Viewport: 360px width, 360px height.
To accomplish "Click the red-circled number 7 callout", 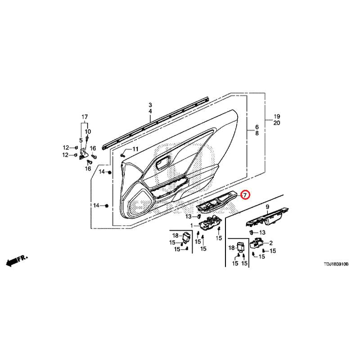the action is (245, 195).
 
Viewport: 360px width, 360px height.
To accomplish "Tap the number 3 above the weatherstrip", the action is (150, 105).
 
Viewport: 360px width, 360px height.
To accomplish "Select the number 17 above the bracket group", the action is (85, 117).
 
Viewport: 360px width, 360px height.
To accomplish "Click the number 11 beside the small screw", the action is (135, 149).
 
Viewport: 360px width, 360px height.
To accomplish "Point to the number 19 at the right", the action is (277, 117).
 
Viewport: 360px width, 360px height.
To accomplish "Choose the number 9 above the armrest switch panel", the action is (267, 207).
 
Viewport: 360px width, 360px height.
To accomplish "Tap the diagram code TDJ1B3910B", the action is (336, 264).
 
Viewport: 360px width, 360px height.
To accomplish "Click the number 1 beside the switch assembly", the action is (192, 226).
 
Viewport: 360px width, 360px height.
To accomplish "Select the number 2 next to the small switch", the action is (271, 243).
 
